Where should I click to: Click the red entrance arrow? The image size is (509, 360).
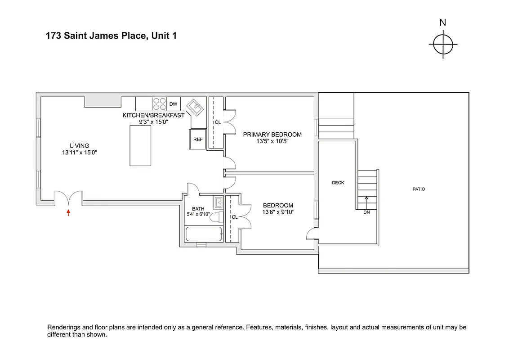(68, 212)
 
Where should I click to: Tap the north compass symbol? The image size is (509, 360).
(443, 45)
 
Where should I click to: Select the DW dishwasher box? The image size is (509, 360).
(174, 104)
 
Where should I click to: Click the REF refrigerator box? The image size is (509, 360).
(198, 139)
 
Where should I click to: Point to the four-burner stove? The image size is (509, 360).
(159, 104)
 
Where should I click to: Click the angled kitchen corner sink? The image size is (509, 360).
(196, 108)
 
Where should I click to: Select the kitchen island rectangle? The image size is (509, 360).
(140, 146)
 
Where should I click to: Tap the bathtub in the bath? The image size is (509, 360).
(204, 234)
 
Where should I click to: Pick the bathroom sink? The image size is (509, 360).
(219, 202)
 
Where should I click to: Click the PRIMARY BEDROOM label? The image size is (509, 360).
(272, 135)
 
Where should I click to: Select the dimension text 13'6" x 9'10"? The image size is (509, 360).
(278, 212)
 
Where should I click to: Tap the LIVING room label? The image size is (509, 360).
(79, 145)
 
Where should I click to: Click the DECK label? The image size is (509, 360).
(338, 183)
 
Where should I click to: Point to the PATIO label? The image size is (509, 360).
(419, 189)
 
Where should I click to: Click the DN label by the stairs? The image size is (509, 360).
(366, 212)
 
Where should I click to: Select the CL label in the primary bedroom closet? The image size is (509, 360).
(218, 122)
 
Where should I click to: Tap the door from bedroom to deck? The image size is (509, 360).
(312, 234)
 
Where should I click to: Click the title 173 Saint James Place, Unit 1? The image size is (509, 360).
(111, 36)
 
